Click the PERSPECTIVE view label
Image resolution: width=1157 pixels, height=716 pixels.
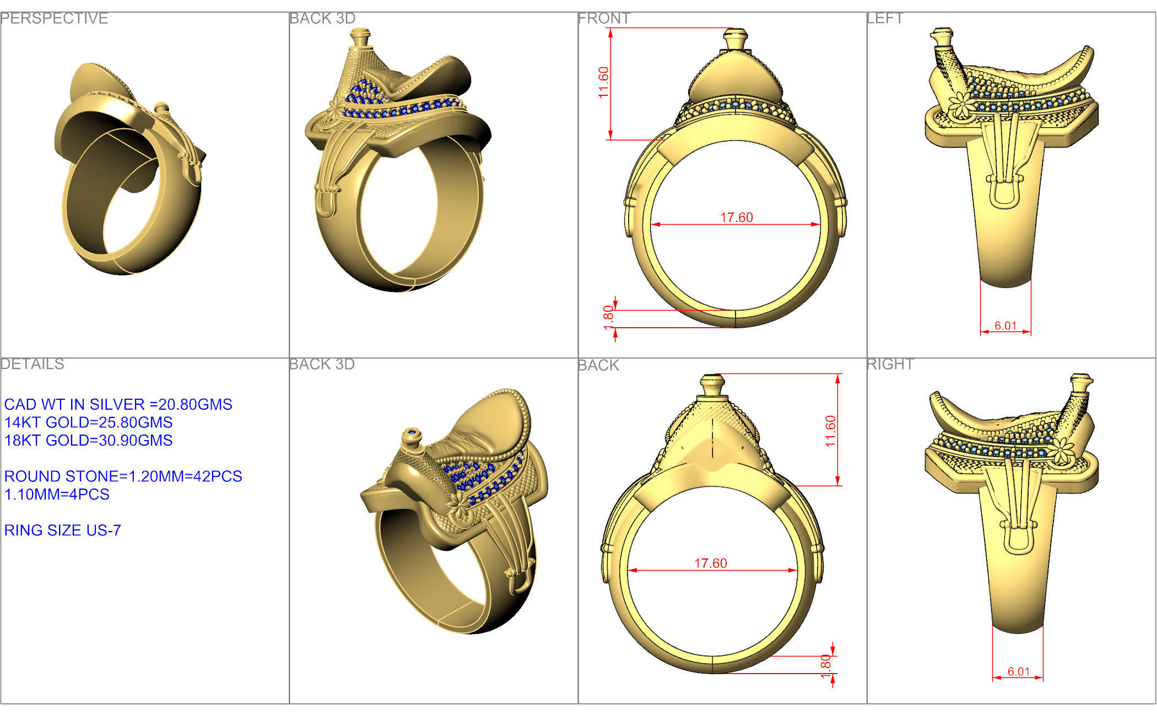click(54, 19)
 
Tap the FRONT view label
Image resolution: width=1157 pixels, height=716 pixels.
click(604, 19)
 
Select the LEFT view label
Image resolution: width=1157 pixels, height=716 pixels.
click(885, 19)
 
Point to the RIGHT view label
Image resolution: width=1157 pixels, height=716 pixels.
click(890, 364)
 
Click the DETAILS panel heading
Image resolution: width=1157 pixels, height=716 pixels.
click(33, 364)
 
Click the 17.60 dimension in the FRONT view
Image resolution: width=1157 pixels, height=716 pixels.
click(736, 218)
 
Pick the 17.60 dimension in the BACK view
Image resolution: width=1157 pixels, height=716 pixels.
click(710, 563)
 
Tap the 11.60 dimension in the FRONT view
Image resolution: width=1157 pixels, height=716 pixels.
click(604, 83)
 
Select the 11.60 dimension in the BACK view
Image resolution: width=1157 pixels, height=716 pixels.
click(831, 431)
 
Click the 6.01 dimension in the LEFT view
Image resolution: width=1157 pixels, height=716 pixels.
click(1005, 326)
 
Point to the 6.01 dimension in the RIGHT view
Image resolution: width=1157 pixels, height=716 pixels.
click(1018, 671)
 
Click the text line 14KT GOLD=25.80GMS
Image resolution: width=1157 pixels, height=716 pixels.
click(88, 422)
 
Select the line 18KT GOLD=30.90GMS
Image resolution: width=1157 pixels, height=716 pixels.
click(88, 441)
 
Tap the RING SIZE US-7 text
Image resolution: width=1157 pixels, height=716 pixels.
click(62, 530)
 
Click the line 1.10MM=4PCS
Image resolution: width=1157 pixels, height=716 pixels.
click(57, 495)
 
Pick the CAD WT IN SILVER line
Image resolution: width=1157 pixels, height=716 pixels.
click(118, 404)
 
